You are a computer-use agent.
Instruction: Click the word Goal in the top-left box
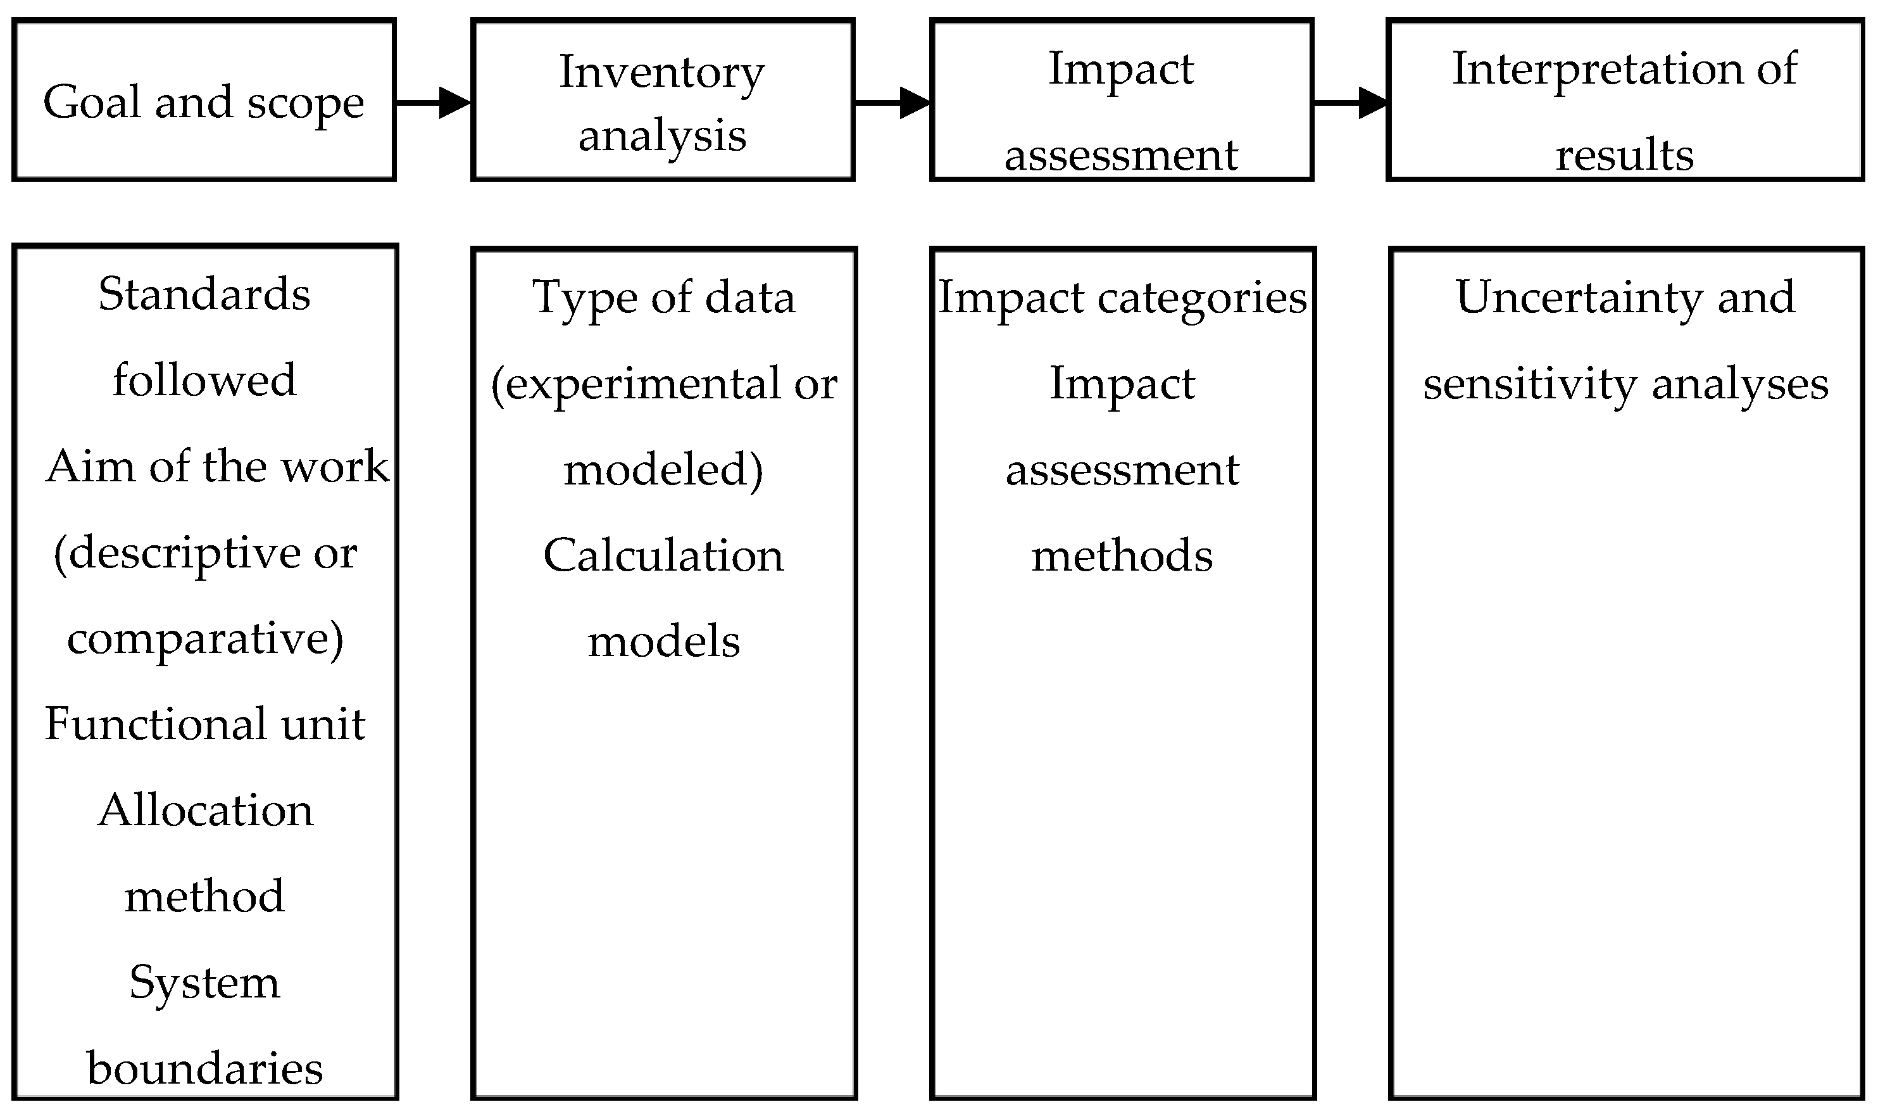click(x=92, y=102)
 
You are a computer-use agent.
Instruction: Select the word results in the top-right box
click(x=1624, y=155)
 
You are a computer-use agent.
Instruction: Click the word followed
click(x=204, y=380)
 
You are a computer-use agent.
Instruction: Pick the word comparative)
click(x=205, y=639)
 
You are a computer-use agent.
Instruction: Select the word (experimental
click(x=636, y=384)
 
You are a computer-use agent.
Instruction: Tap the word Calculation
click(x=663, y=555)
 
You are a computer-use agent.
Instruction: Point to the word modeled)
click(x=663, y=470)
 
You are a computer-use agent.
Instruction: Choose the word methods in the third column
click(x=1122, y=556)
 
